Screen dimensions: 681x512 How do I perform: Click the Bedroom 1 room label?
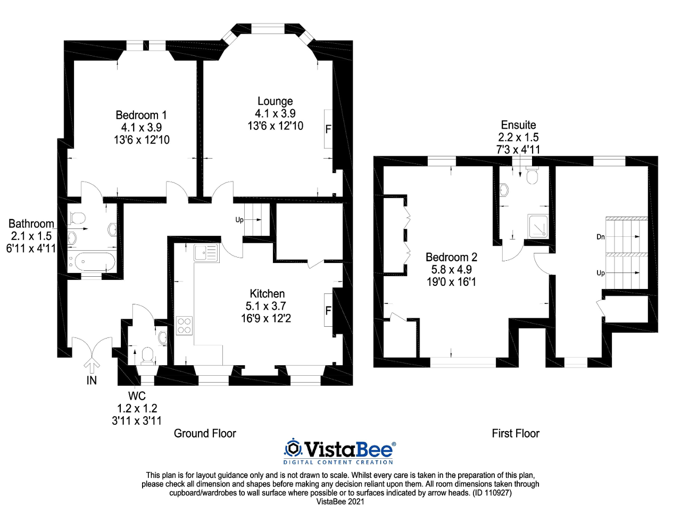[x=141, y=115]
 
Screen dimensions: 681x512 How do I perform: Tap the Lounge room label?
[x=275, y=101]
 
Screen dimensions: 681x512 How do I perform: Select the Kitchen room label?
[x=267, y=294]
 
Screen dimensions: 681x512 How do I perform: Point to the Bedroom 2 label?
[x=451, y=257]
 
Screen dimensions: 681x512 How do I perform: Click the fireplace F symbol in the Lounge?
[x=328, y=129]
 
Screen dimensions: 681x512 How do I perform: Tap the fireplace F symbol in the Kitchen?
[x=328, y=310]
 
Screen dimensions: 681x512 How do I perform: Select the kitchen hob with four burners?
[x=184, y=326]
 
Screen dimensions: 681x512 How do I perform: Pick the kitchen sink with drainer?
[x=206, y=253]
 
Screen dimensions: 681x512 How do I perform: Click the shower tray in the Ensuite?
[x=538, y=226]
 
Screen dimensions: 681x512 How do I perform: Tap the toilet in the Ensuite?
[x=533, y=175]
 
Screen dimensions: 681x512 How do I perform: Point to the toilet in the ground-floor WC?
[x=148, y=356]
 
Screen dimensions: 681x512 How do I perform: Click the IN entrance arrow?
[x=92, y=365]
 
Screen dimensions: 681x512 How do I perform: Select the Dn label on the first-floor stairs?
[x=601, y=237]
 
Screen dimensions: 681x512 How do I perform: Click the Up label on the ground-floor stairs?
[x=239, y=220]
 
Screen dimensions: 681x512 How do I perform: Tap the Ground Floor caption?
[x=205, y=433]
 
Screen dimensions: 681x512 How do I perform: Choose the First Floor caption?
[x=516, y=433]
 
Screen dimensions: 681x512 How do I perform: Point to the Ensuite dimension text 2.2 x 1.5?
[x=518, y=137]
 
